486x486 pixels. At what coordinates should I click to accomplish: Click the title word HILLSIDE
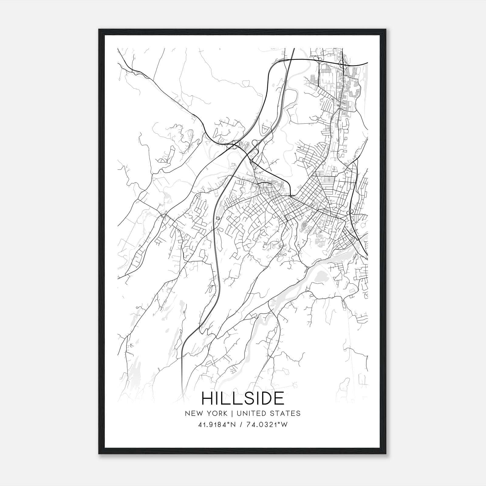coord(243,399)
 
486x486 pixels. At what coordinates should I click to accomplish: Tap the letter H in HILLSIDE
coord(208,399)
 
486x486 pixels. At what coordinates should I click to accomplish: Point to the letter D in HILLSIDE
coord(265,399)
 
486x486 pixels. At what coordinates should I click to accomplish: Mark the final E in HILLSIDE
coord(279,399)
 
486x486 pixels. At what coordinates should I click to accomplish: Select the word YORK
coord(216,413)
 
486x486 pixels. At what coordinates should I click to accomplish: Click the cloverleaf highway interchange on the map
coord(235,146)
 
